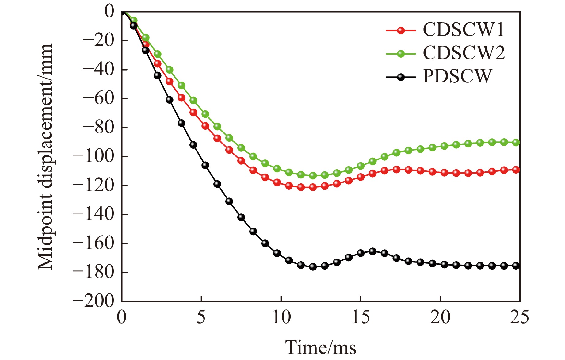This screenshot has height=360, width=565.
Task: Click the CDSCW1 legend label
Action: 463,30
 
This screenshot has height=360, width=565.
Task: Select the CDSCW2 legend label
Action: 464,53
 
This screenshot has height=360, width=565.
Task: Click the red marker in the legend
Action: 401,31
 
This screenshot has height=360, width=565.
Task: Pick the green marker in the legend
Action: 401,54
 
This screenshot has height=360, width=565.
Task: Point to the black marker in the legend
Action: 401,77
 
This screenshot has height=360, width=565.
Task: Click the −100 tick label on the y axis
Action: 93,157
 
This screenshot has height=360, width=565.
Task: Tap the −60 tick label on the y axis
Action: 98,99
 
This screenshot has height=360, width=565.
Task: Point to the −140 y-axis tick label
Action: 93,215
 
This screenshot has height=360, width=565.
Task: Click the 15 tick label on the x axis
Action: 361,317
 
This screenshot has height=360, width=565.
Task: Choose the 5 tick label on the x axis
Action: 201,317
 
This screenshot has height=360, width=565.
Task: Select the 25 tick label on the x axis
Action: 519,317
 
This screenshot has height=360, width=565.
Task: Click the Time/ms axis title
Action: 321,348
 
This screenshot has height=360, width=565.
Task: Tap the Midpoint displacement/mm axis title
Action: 45,157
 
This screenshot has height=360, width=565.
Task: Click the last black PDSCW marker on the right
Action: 516,266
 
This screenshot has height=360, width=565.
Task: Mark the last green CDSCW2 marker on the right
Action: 516,142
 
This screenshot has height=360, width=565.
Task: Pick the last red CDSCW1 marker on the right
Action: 516,170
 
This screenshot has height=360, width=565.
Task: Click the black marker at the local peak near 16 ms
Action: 372,251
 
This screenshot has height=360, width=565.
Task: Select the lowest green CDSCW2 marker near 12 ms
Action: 313,176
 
